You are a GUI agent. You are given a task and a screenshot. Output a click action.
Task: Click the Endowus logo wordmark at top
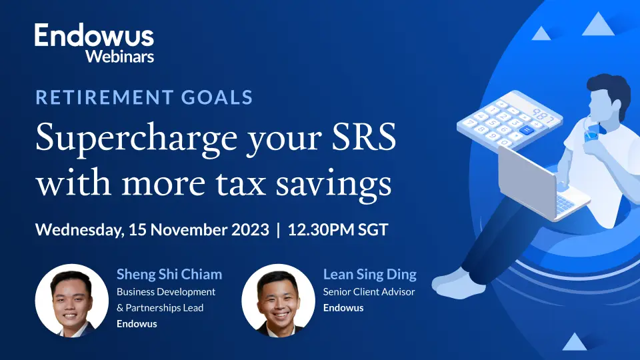[x=94, y=36]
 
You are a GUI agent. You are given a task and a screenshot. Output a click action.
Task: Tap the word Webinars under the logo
[x=119, y=56]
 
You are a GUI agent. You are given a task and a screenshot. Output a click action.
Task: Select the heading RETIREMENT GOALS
[x=144, y=97]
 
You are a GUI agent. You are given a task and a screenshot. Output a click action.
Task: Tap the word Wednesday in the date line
[x=78, y=231]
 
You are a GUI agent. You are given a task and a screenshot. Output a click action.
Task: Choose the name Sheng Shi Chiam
[x=169, y=274]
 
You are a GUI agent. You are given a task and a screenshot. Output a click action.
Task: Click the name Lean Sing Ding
[x=369, y=274]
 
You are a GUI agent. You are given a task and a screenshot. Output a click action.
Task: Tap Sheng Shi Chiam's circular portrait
[x=71, y=299]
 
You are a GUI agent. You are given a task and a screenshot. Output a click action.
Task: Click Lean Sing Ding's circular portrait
[x=277, y=299]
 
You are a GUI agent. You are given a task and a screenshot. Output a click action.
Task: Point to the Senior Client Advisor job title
[x=369, y=291]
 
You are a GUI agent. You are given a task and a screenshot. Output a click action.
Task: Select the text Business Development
[x=166, y=291]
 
